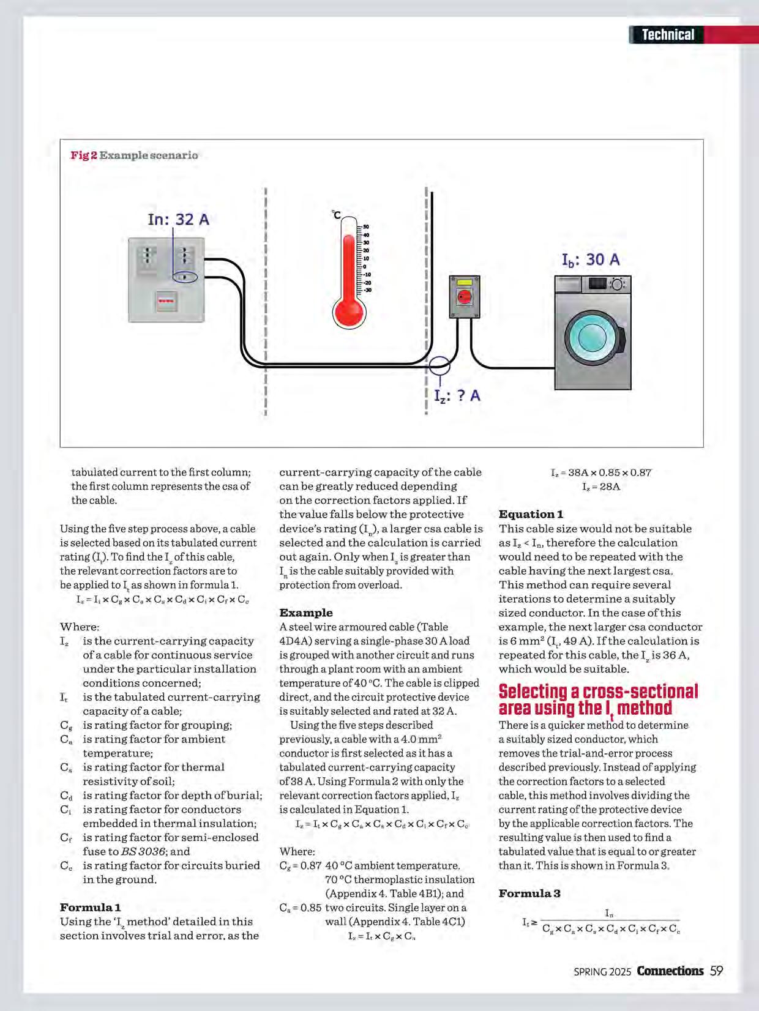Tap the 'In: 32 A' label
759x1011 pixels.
pyautogui.click(x=178, y=219)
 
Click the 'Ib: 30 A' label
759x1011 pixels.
pyautogui.click(x=591, y=260)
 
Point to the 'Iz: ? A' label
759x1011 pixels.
pyautogui.click(x=457, y=396)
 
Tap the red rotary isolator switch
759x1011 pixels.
pyautogui.click(x=465, y=297)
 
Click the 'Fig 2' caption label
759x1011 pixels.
pyautogui.click(x=84, y=155)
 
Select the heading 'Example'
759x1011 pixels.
pyautogui.click(x=306, y=613)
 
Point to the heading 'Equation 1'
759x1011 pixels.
pyautogui.click(x=531, y=514)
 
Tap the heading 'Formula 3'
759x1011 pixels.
pyautogui.click(x=529, y=893)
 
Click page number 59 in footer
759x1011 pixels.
pyautogui.click(x=717, y=971)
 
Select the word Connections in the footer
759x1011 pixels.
pyautogui.click(x=670, y=971)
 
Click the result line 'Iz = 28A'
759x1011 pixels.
pyautogui.click(x=601, y=487)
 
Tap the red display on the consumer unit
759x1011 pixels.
pyautogui.click(x=166, y=301)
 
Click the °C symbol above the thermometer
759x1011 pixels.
pyautogui.click(x=336, y=214)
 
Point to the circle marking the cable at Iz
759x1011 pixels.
pyautogui.click(x=439, y=365)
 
